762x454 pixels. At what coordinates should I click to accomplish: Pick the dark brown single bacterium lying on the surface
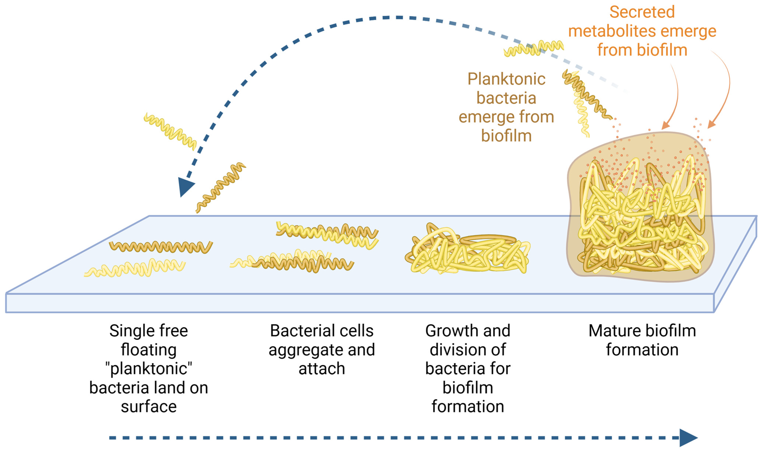[161, 247]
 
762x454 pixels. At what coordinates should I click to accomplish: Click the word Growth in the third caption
[446, 331]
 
